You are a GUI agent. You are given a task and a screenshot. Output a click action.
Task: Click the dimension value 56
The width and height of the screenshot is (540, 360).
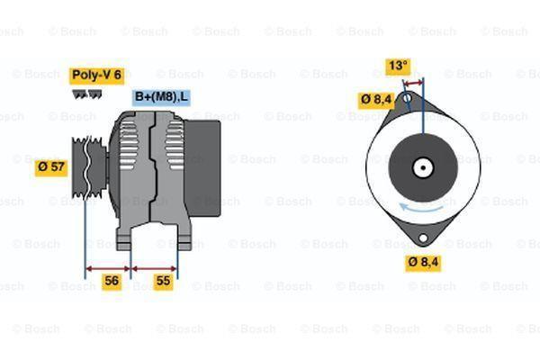111,281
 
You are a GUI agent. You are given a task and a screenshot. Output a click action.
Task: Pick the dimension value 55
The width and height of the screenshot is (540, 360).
164,281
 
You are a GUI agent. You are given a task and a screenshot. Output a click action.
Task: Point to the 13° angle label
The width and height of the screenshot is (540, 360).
398,66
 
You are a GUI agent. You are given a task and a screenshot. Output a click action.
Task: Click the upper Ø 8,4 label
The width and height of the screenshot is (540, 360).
375,99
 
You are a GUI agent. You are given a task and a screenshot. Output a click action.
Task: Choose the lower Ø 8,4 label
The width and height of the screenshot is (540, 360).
422,262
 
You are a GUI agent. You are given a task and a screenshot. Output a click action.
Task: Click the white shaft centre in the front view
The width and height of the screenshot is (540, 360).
421,166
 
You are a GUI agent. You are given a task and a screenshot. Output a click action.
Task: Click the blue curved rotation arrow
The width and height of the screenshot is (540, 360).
418,207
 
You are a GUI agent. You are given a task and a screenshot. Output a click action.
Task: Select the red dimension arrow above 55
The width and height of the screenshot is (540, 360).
154,267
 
